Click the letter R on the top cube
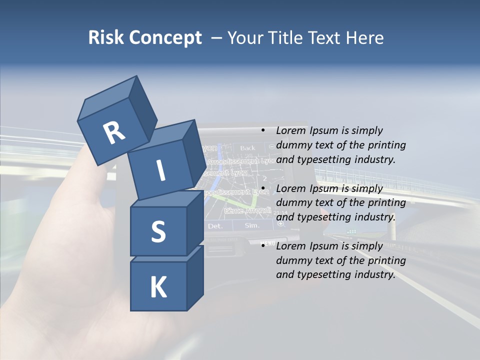click(114, 132)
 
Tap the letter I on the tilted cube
click(160, 170)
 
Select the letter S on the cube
click(158, 231)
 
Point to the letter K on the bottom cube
click(158, 287)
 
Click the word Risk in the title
click(106, 37)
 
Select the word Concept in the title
click(165, 37)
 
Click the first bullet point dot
click(262, 131)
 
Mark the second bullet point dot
click(262, 189)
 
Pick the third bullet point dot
click(262, 246)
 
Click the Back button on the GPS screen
click(247, 148)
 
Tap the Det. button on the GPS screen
click(215, 225)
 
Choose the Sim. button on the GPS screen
click(252, 225)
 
